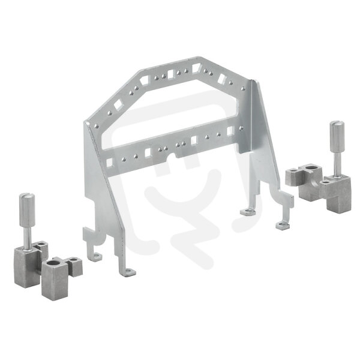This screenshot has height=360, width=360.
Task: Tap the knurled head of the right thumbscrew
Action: (337, 137)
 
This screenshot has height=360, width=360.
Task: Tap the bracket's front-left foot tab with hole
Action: (129, 272)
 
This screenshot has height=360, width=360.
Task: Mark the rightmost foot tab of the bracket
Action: (283, 226)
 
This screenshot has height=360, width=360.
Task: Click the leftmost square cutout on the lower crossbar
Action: (110, 163)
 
